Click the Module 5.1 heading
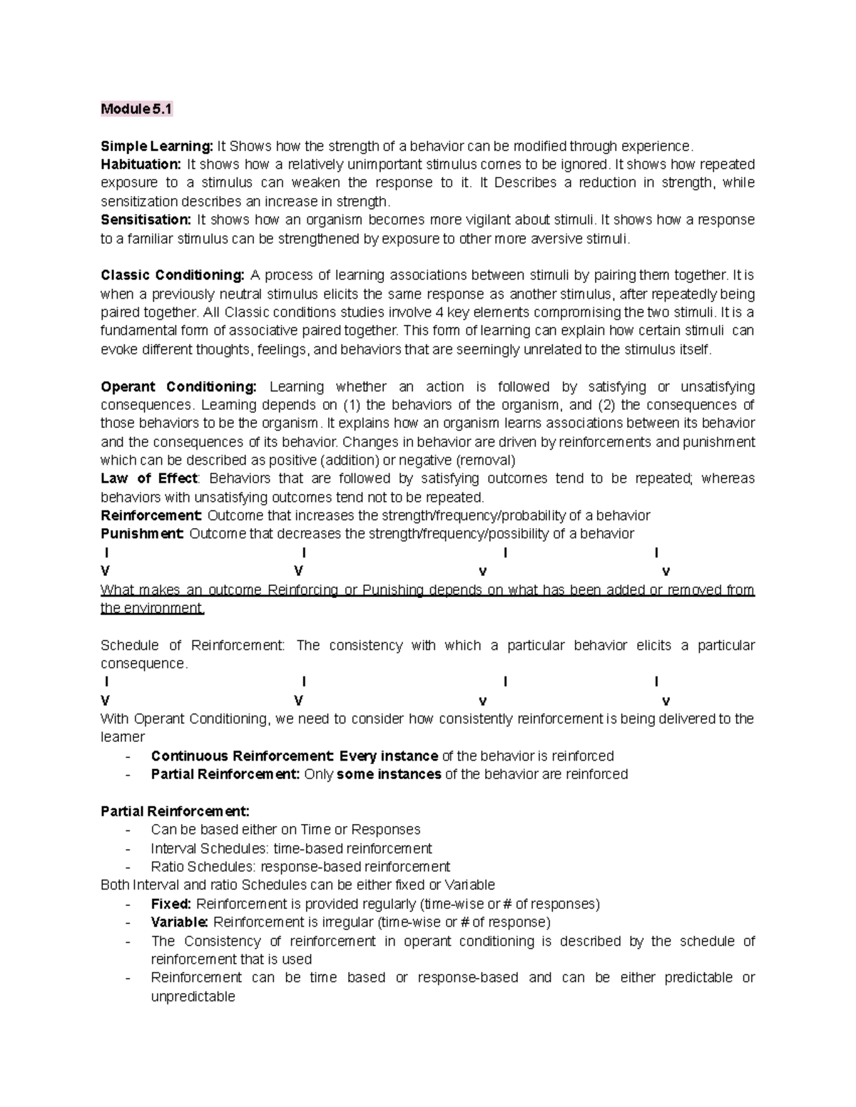click(x=136, y=109)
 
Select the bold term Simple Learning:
click(x=157, y=146)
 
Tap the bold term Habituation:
click(x=141, y=165)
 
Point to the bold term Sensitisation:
click(x=146, y=220)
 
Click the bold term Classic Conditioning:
click(x=173, y=275)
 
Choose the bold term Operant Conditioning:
click(x=178, y=386)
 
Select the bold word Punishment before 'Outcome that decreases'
click(x=143, y=534)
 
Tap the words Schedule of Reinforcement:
click(x=193, y=645)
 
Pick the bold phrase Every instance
click(x=389, y=756)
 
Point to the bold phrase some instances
click(x=389, y=775)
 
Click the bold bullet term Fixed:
click(x=171, y=904)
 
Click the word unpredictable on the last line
click(x=193, y=997)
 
